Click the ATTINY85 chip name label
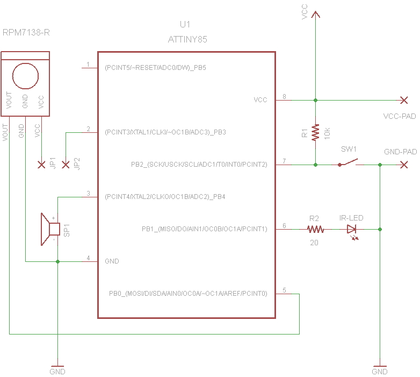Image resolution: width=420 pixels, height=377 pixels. click(x=187, y=39)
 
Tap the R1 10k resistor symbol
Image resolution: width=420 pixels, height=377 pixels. click(x=315, y=132)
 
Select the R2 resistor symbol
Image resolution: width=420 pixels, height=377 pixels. click(x=315, y=229)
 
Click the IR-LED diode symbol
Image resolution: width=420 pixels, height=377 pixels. click(x=352, y=229)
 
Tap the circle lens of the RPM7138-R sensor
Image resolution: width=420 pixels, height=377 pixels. click(x=25, y=75)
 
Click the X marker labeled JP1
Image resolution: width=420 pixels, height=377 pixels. click(x=41, y=165)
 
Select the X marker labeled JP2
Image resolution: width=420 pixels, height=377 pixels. click(x=66, y=165)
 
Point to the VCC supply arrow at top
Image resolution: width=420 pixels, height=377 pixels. click(x=315, y=16)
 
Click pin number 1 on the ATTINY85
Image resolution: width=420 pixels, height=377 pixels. click(x=88, y=65)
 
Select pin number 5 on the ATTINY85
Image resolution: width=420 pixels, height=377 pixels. click(x=284, y=290)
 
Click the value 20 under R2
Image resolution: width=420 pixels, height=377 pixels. click(x=314, y=243)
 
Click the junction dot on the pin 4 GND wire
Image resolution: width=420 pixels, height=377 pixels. click(x=57, y=261)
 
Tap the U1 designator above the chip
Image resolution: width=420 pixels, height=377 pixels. click(x=185, y=24)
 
